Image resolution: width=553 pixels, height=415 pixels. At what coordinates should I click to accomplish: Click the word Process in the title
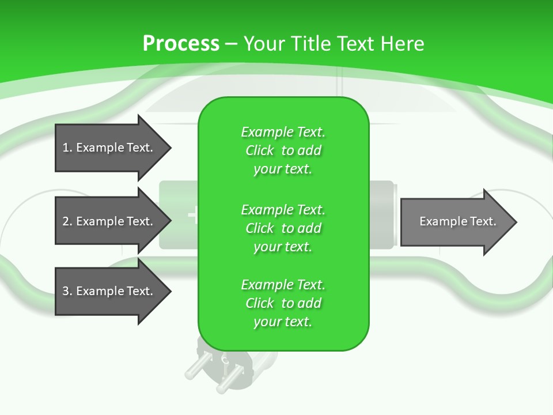click(x=181, y=44)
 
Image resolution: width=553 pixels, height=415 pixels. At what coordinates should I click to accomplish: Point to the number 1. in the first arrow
click(x=67, y=148)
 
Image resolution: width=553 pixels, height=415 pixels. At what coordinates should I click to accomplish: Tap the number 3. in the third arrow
click(x=67, y=292)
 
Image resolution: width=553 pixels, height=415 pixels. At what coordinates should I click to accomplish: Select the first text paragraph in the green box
click(x=283, y=150)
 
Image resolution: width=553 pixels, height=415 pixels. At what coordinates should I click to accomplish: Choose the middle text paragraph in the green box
click(x=283, y=228)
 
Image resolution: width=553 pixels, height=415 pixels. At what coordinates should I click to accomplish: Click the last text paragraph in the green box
click(x=283, y=303)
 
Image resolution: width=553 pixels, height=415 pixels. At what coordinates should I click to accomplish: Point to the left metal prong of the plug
click(x=192, y=369)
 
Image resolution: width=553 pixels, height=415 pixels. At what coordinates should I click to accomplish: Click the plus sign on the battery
click(x=192, y=216)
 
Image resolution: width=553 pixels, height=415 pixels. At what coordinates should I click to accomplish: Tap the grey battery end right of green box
click(x=383, y=215)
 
